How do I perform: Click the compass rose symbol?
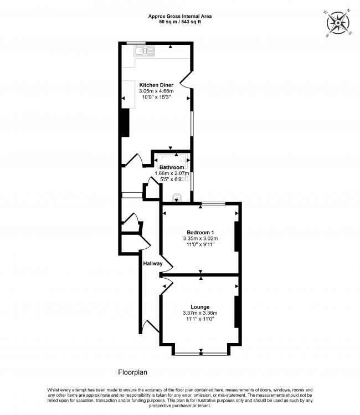click(338, 24)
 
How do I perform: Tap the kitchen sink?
click(145, 51)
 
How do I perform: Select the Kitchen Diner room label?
click(156, 85)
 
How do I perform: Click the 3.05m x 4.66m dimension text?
click(156, 91)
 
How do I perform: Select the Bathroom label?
click(172, 167)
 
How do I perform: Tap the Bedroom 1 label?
click(200, 232)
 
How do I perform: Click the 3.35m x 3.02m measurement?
click(200, 238)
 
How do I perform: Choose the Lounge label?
click(200, 306)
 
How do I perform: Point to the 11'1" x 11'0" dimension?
click(200, 319)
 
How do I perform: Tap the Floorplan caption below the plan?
click(133, 372)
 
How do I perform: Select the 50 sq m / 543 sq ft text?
click(179, 22)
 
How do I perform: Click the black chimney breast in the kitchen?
click(126, 122)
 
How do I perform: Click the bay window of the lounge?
click(200, 353)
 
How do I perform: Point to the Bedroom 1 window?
click(213, 204)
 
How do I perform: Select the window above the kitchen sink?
click(136, 43)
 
